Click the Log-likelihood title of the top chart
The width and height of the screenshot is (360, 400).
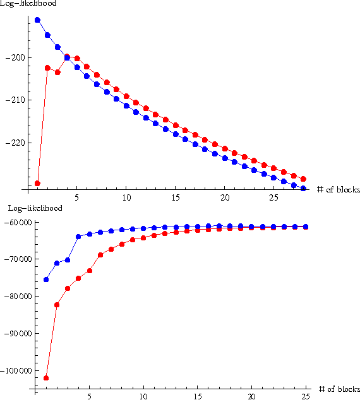coord(28,4)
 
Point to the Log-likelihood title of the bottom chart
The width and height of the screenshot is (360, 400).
coord(28,208)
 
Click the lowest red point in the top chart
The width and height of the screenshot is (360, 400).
coord(37,184)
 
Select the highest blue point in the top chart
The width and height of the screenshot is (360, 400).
coord(37,20)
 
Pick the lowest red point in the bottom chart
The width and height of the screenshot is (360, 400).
coord(46,378)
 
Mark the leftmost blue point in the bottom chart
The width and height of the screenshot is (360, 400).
coord(46,279)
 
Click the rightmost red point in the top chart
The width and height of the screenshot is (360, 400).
coord(303,179)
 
